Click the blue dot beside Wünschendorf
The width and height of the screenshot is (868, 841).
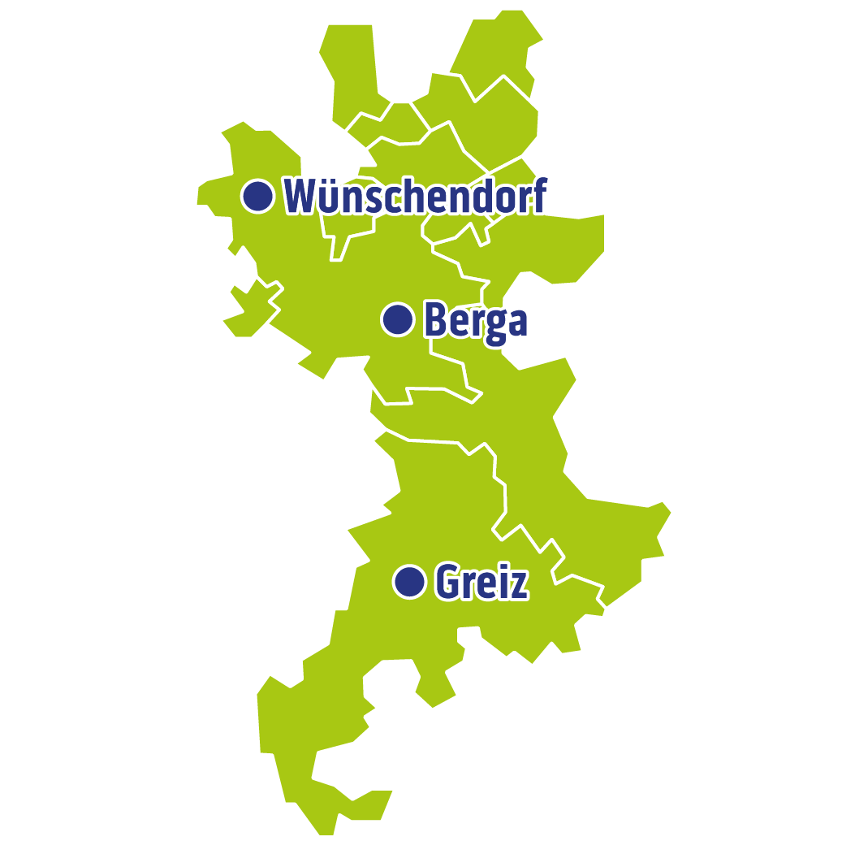click(257, 196)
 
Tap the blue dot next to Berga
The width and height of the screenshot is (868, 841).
click(398, 319)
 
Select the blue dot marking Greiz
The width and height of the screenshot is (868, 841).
click(410, 582)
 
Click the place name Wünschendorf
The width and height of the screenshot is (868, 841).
click(414, 197)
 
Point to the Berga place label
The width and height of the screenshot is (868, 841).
click(476, 320)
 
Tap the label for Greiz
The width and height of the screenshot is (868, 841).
click(482, 582)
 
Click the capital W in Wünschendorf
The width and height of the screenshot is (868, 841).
click(300, 197)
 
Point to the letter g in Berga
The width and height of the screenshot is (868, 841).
click(494, 323)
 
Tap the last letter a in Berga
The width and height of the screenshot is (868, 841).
click(516, 322)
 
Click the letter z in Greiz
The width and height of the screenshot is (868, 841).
click(519, 584)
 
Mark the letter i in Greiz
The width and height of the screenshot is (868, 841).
click(503, 581)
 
